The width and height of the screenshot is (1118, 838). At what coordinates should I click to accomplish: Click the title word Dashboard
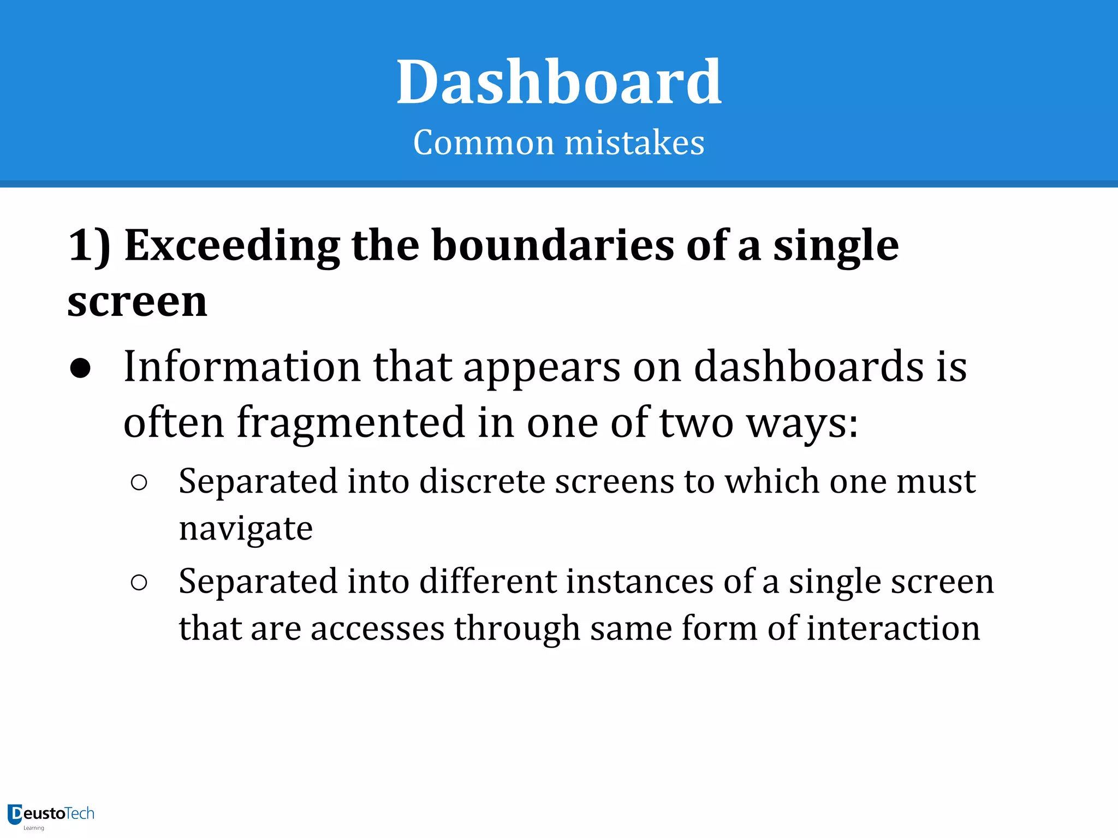coord(559,83)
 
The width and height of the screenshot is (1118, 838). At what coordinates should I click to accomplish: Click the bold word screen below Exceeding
coord(138,302)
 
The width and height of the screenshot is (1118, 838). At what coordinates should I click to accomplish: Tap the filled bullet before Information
coord(81,369)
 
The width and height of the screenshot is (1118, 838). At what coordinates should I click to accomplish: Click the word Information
coord(242,367)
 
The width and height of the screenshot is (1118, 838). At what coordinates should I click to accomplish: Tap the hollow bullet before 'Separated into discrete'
coord(139,482)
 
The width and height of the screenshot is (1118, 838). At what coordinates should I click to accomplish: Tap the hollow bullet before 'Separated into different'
coord(139,583)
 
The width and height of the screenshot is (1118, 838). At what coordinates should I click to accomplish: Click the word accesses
coord(377,628)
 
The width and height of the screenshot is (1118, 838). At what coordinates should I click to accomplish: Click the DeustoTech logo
coord(51,815)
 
